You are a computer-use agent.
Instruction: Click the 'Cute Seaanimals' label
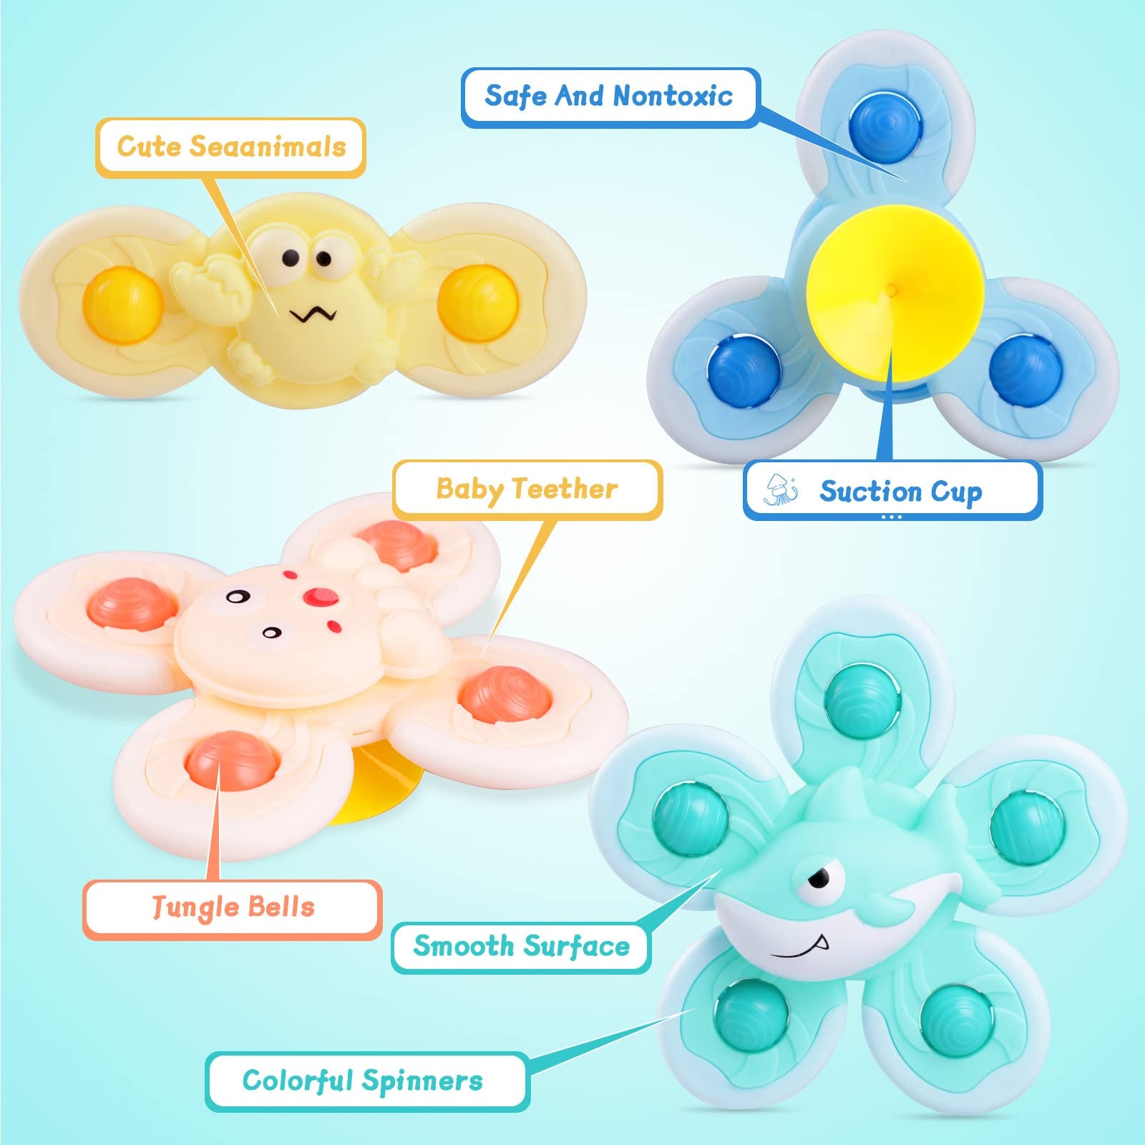pyautogui.click(x=231, y=147)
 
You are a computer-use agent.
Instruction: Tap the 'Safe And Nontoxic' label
pyautogui.click(x=608, y=96)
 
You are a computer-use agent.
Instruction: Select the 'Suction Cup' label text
pyautogui.click(x=900, y=491)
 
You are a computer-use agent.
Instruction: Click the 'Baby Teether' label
pyautogui.click(x=527, y=489)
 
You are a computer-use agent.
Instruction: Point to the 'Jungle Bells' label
pyautogui.click(x=233, y=907)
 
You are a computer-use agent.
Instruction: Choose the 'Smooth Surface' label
pyautogui.click(x=521, y=946)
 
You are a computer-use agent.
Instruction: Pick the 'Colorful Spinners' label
pyautogui.click(x=363, y=1081)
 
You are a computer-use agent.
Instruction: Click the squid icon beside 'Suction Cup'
pyautogui.click(x=780, y=489)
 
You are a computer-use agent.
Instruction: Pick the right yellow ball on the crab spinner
pyautogui.click(x=478, y=301)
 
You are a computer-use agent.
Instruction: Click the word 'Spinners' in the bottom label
pyautogui.click(x=422, y=1081)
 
